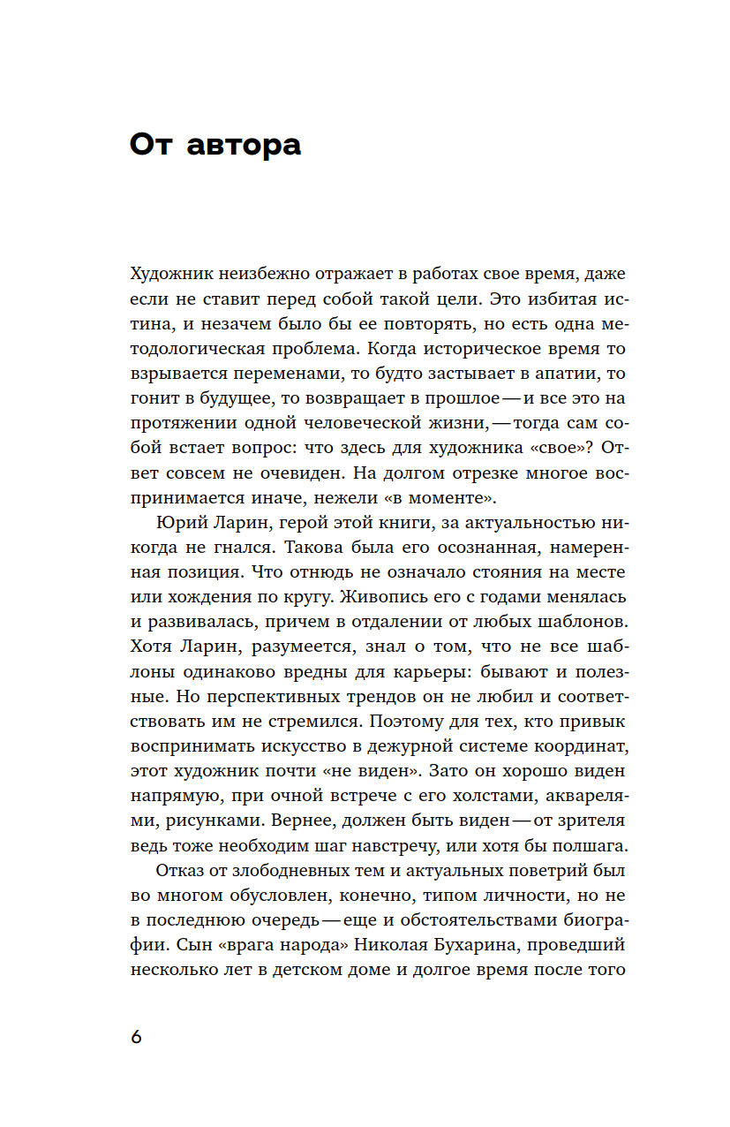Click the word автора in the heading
coord(244,145)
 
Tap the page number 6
coord(136,1037)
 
